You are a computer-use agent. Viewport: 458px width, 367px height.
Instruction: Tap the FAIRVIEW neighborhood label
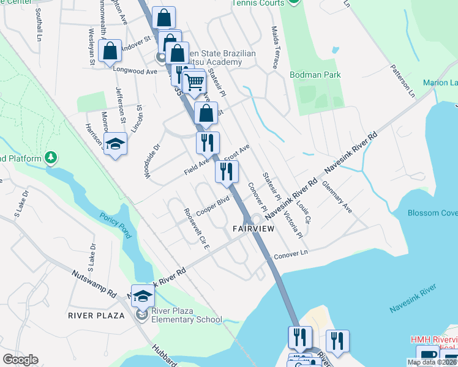point(252,228)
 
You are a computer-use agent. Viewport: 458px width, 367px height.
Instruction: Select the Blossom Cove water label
point(432,213)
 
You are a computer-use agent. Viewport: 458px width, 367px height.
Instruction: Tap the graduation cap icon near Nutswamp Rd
point(143,297)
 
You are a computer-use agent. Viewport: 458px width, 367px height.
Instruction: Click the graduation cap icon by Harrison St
point(115,144)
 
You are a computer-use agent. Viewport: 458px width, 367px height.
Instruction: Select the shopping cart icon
point(194,81)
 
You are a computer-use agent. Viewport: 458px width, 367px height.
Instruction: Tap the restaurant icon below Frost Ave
point(227,173)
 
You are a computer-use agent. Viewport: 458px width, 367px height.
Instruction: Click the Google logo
point(20,360)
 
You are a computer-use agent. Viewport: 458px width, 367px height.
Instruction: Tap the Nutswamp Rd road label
point(94,283)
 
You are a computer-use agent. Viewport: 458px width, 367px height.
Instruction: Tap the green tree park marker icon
point(51,159)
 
